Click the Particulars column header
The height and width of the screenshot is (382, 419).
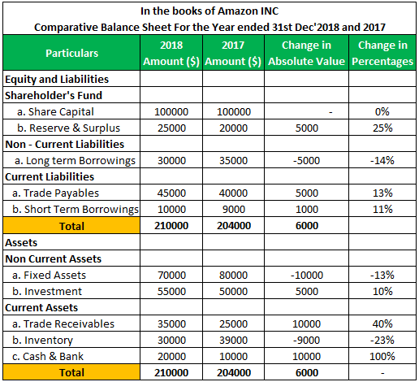72,53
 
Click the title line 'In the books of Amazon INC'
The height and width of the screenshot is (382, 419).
209,11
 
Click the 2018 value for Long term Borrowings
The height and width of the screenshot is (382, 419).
172,160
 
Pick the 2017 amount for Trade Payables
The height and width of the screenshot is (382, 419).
235,193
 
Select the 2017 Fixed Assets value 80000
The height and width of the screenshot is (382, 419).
235,275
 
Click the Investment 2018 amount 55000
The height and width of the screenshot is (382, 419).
172,291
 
